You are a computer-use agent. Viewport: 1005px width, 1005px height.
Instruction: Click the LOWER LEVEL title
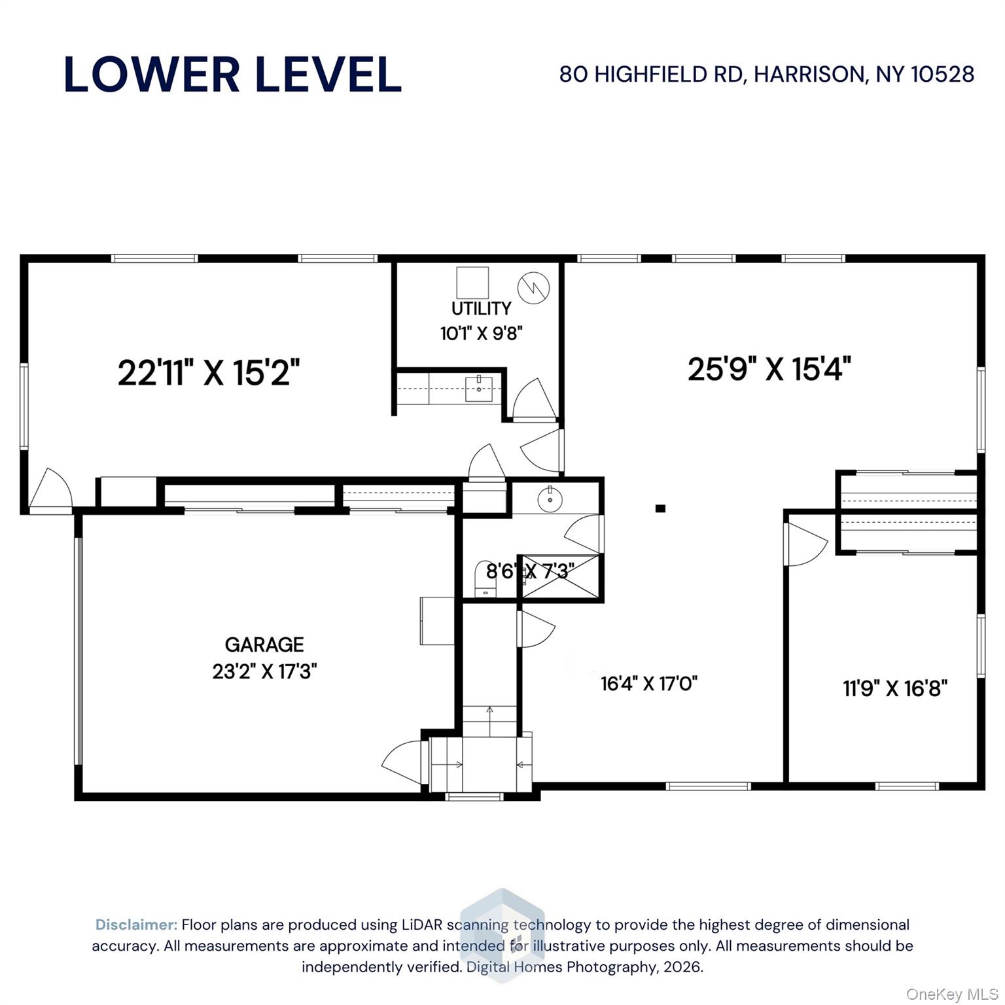(x=233, y=75)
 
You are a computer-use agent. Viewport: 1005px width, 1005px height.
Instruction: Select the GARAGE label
(x=264, y=645)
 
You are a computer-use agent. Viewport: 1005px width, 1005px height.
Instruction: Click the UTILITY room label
(x=481, y=308)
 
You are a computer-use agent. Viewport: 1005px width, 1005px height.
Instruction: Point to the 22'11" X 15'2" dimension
(x=209, y=373)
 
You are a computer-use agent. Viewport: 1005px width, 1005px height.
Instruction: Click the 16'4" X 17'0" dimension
(x=649, y=684)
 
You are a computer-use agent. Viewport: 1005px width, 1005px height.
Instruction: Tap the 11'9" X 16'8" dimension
(x=895, y=688)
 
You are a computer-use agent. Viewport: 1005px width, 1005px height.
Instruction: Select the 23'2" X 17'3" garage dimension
(x=264, y=672)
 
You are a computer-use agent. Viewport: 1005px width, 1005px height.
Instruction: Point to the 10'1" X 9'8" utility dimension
(x=481, y=334)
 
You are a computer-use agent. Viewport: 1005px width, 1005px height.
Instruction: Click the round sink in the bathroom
(x=550, y=500)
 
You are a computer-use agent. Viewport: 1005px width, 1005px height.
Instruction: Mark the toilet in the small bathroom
(x=484, y=579)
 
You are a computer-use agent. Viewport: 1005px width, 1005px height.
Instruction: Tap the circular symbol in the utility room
(x=533, y=287)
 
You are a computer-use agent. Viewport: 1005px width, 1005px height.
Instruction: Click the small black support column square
(x=660, y=508)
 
